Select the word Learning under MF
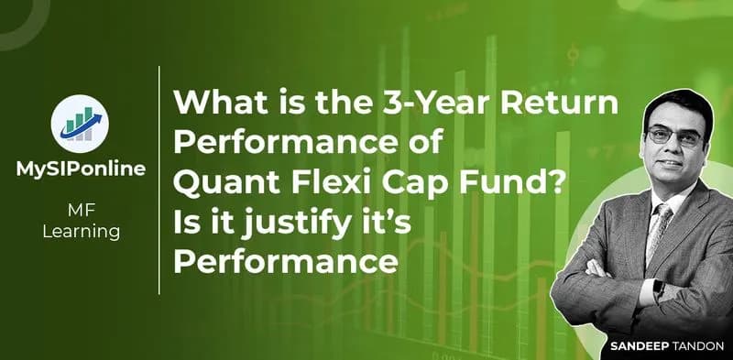[81, 232]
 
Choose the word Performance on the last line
[285, 261]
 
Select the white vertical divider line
[160, 180]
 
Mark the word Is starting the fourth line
[186, 224]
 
